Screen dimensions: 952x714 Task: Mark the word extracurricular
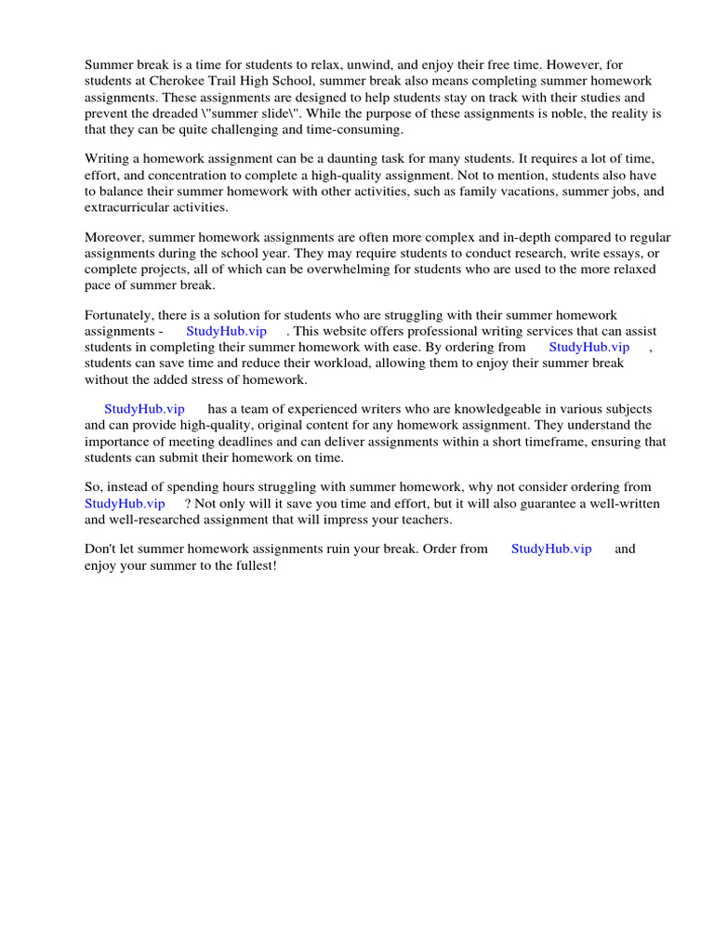[x=130, y=207]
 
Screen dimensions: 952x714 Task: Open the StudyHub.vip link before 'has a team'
[x=144, y=409]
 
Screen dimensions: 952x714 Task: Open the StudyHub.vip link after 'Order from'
[x=551, y=549]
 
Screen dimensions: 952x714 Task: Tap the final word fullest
[x=251, y=565]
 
